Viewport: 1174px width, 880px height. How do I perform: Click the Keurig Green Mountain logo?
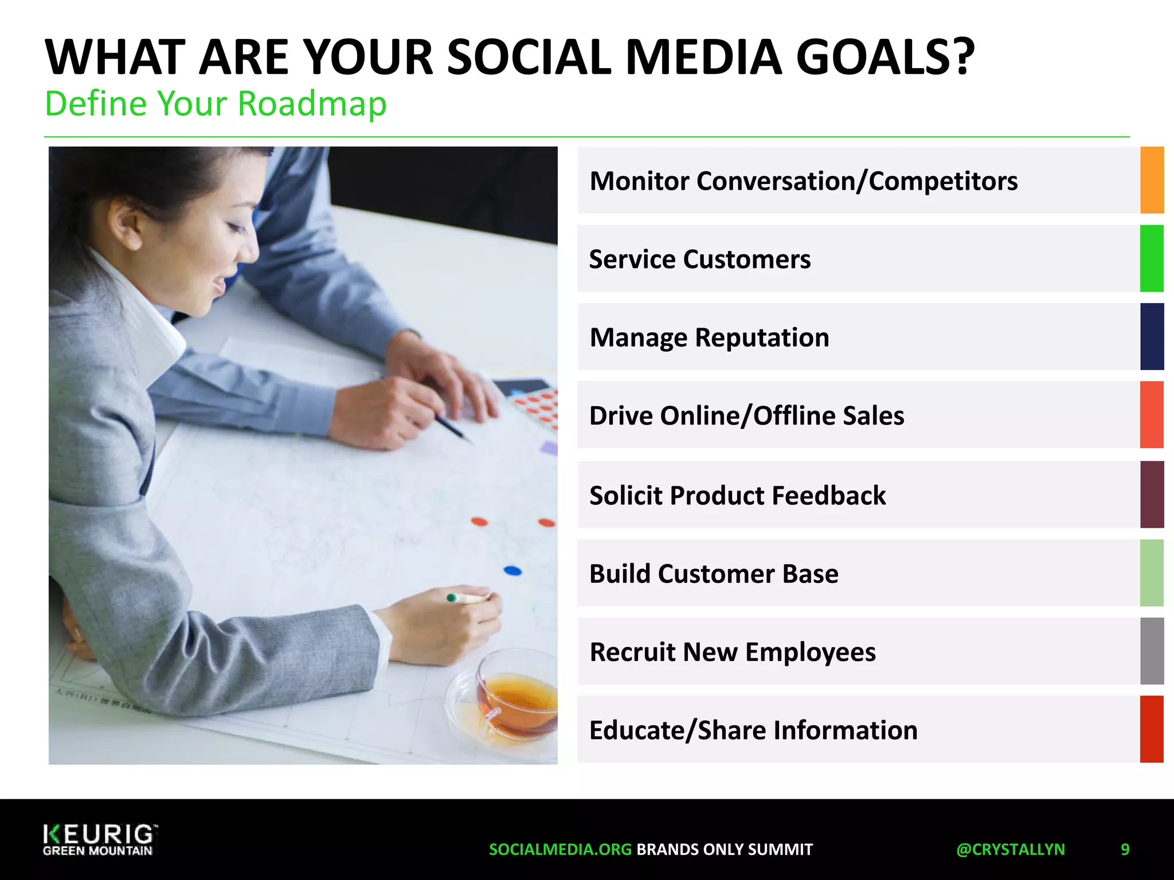tap(99, 840)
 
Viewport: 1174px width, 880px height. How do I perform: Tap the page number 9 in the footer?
tap(1125, 849)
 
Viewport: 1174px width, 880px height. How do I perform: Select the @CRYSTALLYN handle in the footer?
tap(1010, 849)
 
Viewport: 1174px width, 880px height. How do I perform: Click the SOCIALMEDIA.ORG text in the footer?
tap(560, 849)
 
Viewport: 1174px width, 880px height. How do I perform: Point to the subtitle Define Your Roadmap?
tap(216, 104)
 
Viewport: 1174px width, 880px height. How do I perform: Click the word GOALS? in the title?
tap(885, 57)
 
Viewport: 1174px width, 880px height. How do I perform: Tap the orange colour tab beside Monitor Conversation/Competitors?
tap(1152, 180)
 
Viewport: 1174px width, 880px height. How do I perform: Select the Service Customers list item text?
tap(699, 259)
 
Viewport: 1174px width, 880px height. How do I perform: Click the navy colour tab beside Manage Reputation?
tap(1152, 336)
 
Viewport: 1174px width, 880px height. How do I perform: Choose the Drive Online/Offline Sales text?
tap(746, 415)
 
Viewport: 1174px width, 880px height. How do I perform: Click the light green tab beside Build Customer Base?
tap(1152, 573)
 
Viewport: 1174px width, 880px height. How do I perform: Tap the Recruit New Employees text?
tap(732, 652)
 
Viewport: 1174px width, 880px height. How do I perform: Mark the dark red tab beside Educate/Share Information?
tap(1152, 729)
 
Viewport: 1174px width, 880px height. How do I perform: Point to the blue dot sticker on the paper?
tap(512, 571)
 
